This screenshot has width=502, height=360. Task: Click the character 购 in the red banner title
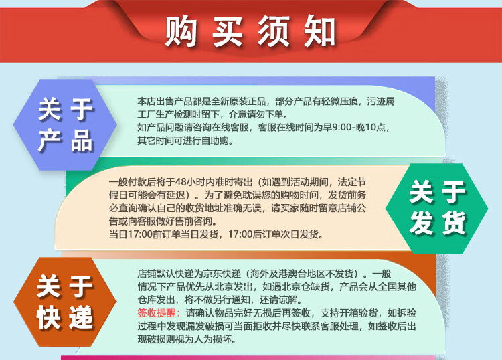[x=180, y=31]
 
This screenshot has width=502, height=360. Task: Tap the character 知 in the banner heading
[x=319, y=31]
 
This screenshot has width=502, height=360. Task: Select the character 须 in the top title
[x=273, y=31]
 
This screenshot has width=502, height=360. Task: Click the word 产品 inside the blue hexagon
[x=66, y=140]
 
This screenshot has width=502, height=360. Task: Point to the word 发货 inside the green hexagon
[x=437, y=223]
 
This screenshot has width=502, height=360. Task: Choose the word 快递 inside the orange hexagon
[x=65, y=317]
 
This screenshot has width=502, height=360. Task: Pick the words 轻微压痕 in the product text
[x=339, y=102]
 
